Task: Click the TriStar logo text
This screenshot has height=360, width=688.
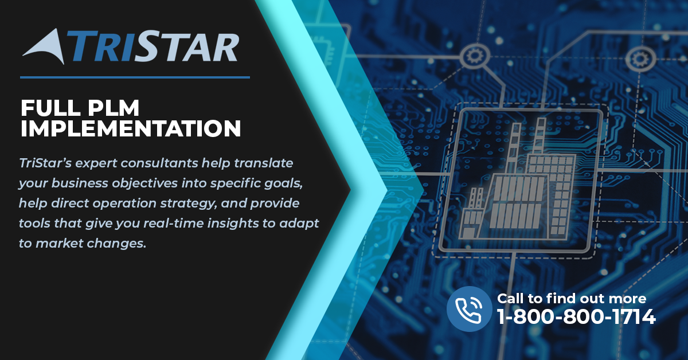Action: tap(153, 46)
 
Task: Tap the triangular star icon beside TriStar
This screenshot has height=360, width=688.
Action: tap(45, 46)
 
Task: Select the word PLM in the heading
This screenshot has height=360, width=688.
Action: tap(114, 108)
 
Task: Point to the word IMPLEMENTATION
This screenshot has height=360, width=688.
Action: tap(131, 128)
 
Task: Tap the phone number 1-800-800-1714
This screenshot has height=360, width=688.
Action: tap(576, 316)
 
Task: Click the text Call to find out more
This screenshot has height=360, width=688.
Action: tap(572, 298)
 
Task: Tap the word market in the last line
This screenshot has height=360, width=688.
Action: tap(59, 244)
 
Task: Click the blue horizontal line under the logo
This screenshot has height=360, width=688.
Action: tap(135, 77)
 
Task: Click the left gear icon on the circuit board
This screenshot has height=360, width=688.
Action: tap(475, 56)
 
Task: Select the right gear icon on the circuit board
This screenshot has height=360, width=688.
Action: tap(640, 58)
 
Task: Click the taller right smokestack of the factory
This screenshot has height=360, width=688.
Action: tap(540, 136)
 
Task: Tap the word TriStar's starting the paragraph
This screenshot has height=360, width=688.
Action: tap(45, 163)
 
